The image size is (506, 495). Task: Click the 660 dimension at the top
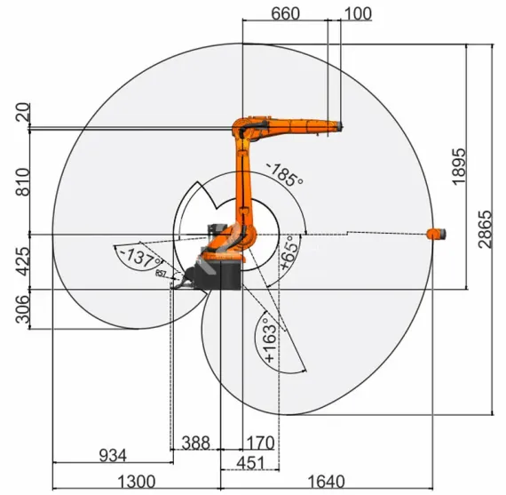point(285,13)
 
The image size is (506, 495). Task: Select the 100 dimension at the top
point(357,13)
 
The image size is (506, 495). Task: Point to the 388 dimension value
point(195,442)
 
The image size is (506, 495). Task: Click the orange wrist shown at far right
point(435,234)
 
